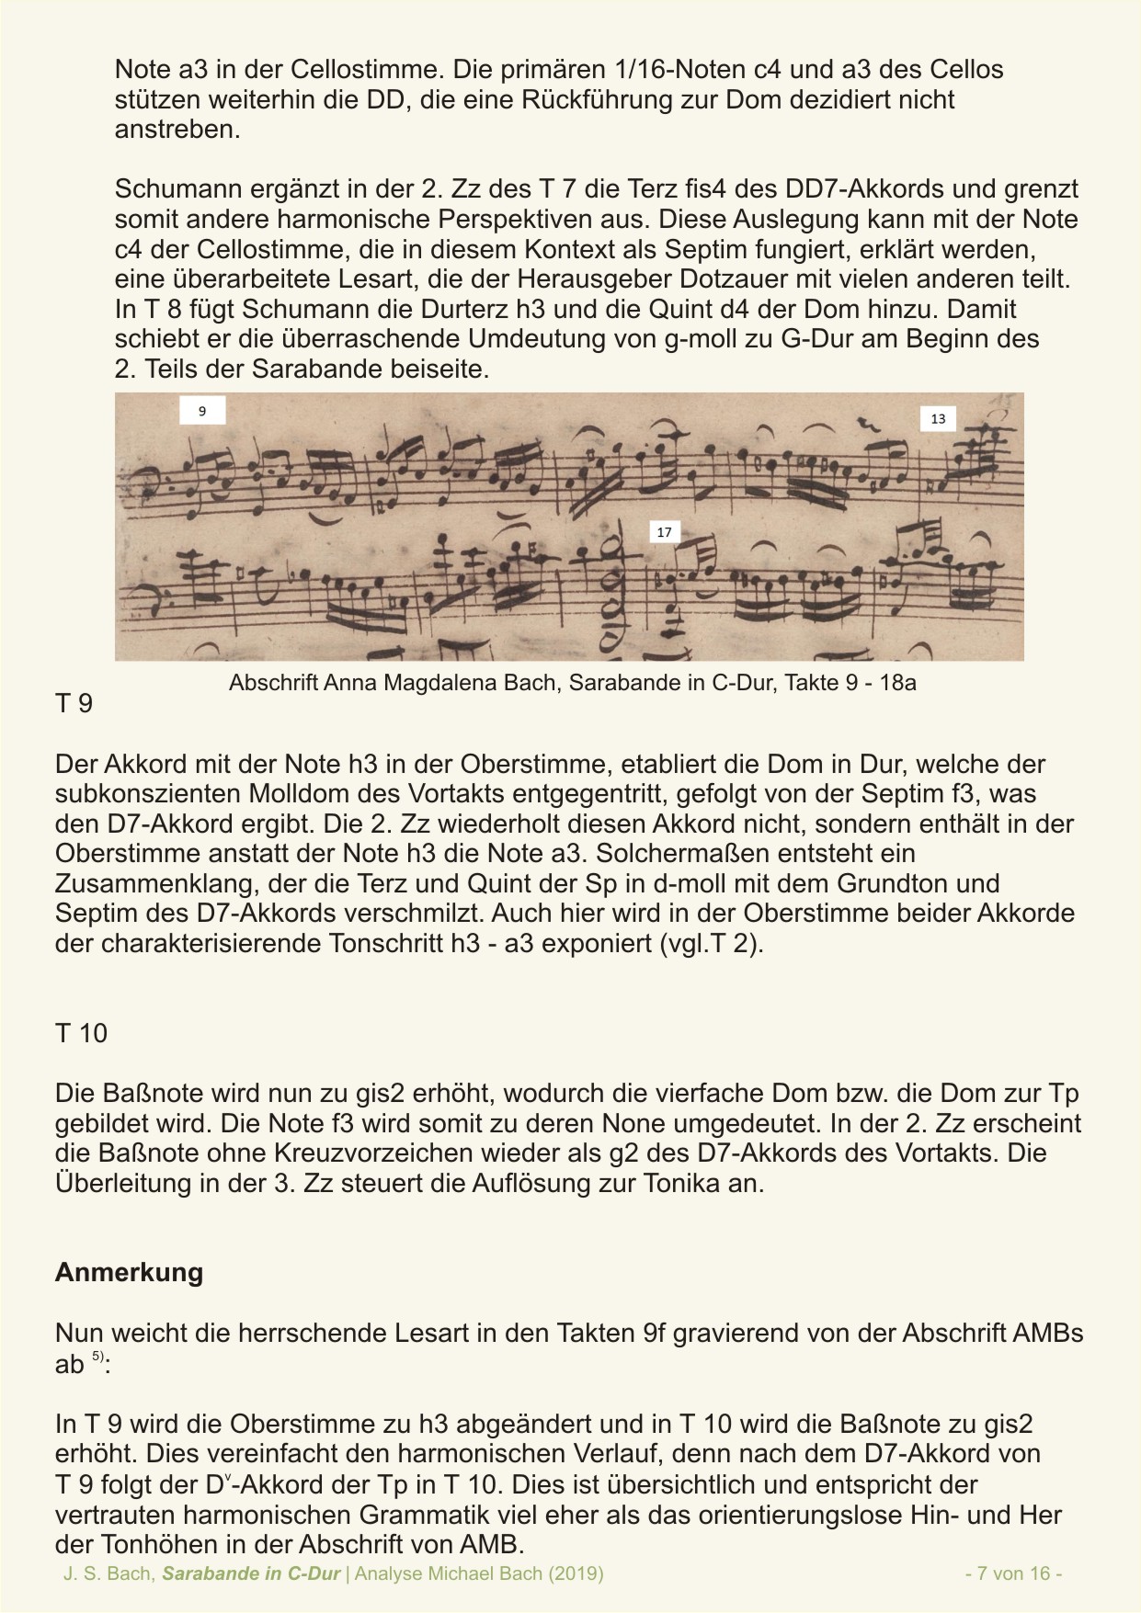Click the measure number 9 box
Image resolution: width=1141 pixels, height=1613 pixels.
pyautogui.click(x=202, y=411)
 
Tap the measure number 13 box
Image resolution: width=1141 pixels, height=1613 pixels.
pyautogui.click(x=938, y=419)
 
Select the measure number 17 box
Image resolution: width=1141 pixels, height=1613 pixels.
pyautogui.click(x=664, y=532)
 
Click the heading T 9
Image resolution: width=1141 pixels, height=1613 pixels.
pyautogui.click(x=74, y=704)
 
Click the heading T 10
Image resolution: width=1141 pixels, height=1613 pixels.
pyautogui.click(x=81, y=1033)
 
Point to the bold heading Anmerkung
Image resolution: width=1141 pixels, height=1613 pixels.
pyautogui.click(x=129, y=1273)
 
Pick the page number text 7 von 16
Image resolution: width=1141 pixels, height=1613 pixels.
pyautogui.click(x=1014, y=1573)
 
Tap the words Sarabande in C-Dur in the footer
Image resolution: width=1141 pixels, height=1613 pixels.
pyautogui.click(x=251, y=1573)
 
